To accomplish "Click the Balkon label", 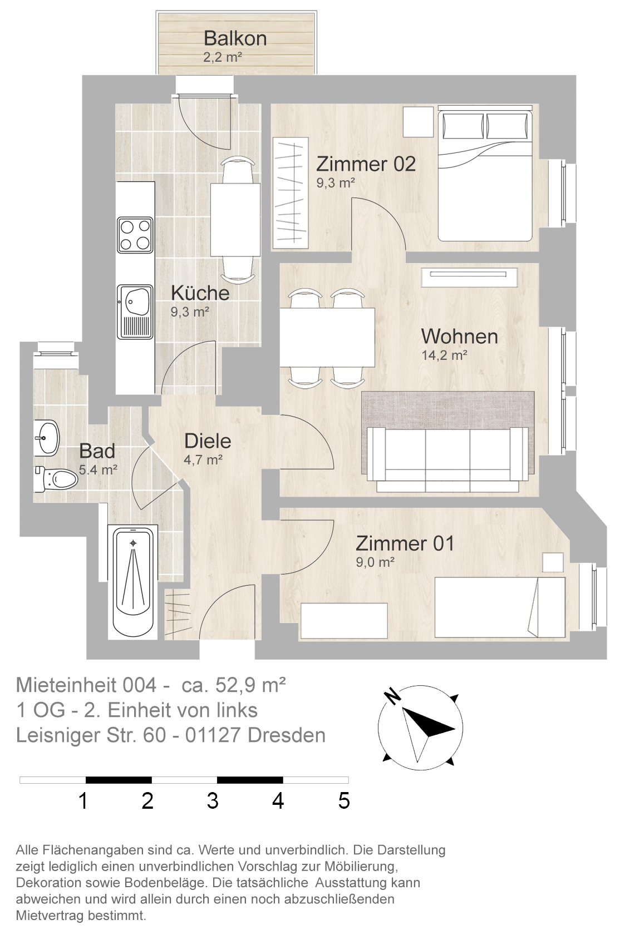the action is click(235, 38).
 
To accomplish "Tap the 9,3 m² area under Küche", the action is click(189, 311).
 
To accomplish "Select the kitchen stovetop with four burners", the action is click(135, 235).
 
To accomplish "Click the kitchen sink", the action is click(135, 311).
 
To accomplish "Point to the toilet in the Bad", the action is click(56, 479).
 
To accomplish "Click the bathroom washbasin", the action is click(47, 438).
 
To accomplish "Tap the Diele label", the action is click(208, 441).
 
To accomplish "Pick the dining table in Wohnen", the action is click(327, 337).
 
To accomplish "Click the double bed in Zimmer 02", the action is click(485, 173).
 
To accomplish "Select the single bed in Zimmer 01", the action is click(500, 607).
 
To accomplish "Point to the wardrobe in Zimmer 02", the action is click(291, 193).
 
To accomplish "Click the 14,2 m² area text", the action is click(444, 355).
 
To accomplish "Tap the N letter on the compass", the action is click(392, 696).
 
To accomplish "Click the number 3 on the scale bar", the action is click(213, 801).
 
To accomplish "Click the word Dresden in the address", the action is click(286, 735).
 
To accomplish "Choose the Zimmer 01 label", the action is click(405, 544).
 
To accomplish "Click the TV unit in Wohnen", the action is click(469, 278).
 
